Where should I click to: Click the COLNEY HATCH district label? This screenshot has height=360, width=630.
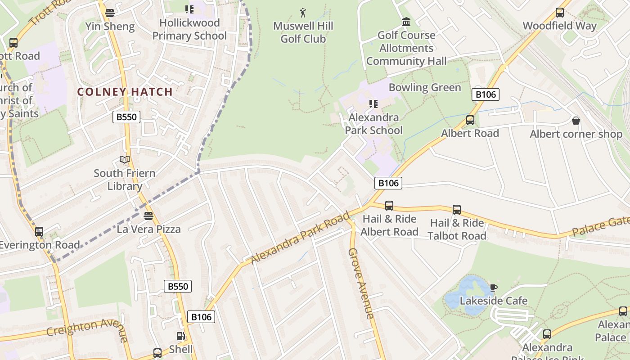[x=125, y=92]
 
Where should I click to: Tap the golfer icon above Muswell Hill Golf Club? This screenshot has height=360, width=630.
[x=303, y=12]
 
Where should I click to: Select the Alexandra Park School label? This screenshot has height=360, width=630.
[x=373, y=124]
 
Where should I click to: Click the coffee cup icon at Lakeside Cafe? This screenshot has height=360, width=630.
[x=493, y=288]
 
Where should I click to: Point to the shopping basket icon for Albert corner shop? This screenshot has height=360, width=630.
[x=576, y=121]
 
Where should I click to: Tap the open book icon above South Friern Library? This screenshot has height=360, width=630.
[x=125, y=160]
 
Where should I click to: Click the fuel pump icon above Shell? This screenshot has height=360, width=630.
[x=180, y=336]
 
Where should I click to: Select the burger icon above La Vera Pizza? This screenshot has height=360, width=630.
[x=148, y=216]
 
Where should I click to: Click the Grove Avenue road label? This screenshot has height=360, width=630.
[x=361, y=283]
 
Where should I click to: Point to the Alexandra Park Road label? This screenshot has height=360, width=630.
[x=300, y=238]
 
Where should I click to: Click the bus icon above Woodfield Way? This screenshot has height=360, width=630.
[x=559, y=13]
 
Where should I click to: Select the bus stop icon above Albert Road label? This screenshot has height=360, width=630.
[x=470, y=120]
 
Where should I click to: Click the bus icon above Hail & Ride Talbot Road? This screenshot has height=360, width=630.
[x=457, y=210]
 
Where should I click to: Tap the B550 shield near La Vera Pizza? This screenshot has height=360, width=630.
[x=178, y=286]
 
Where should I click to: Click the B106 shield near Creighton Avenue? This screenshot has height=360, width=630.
[x=201, y=317]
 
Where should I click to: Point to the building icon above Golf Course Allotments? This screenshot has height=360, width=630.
[x=406, y=22]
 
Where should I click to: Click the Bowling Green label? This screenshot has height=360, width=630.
[x=425, y=87]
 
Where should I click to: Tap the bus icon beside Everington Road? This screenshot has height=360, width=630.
[x=39, y=232]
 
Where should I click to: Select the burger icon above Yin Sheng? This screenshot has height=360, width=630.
[x=110, y=13]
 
